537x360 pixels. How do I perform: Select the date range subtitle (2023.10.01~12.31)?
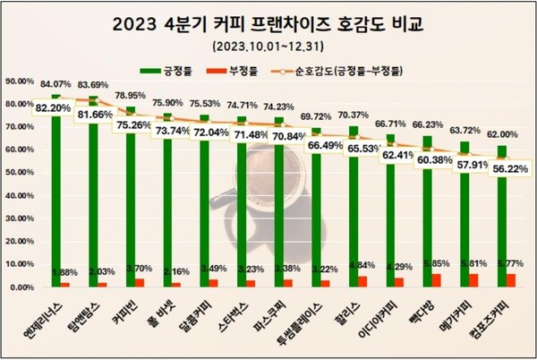[268, 44]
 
